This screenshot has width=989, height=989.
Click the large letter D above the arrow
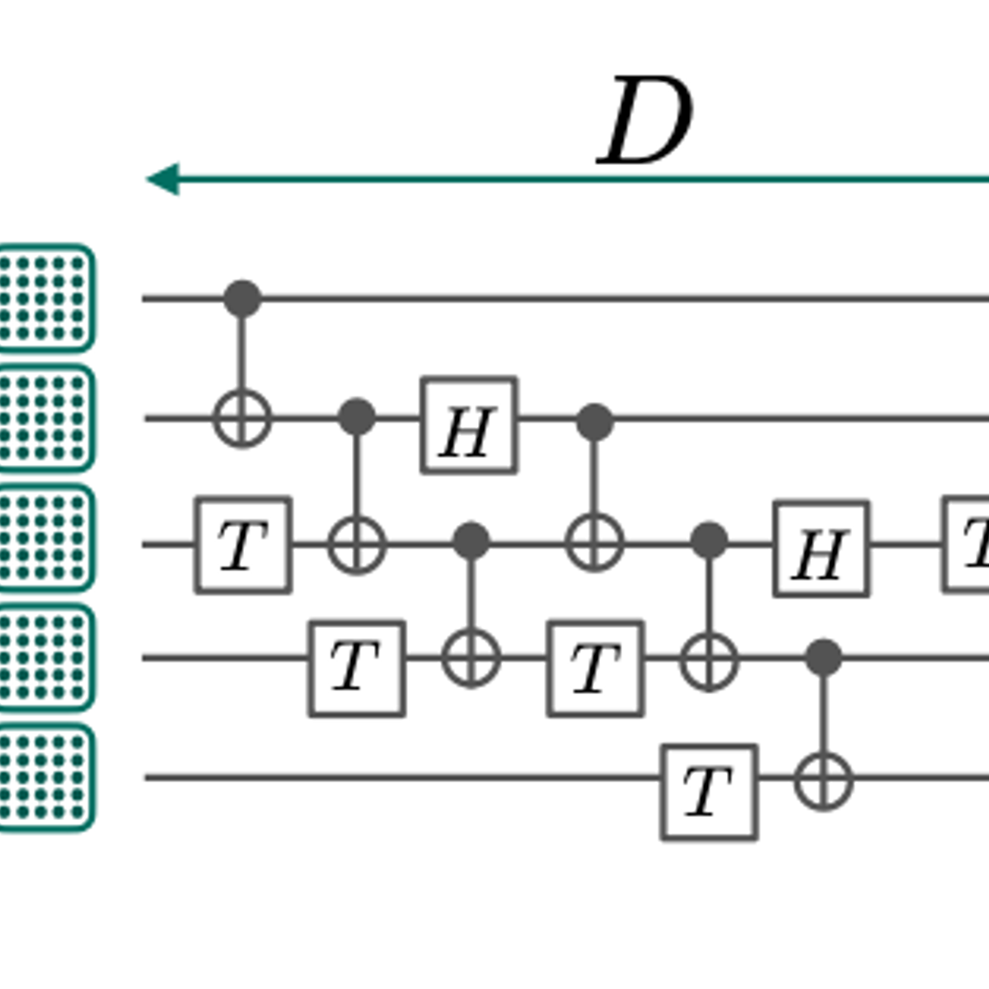click(x=644, y=122)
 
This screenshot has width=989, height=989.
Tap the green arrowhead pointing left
click(x=163, y=179)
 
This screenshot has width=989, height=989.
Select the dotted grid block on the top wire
click(x=45, y=298)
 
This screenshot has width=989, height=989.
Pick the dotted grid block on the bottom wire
click(x=45, y=777)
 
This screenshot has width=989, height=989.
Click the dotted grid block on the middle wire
click(x=45, y=537)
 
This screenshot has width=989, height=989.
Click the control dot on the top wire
click(x=242, y=298)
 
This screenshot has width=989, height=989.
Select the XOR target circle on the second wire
click(x=242, y=419)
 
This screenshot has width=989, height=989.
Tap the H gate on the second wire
click(x=469, y=425)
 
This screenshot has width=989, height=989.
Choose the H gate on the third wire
click(x=821, y=548)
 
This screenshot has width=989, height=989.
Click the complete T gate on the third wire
click(x=243, y=545)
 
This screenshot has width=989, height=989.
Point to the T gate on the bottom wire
click(x=709, y=792)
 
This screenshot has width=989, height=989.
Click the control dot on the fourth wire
click(x=823, y=658)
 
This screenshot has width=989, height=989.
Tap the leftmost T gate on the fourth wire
click(x=357, y=668)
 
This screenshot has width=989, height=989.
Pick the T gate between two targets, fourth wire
click(x=595, y=668)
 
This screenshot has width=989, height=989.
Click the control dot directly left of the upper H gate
click(x=357, y=418)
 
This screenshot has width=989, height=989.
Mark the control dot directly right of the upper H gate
click(x=594, y=422)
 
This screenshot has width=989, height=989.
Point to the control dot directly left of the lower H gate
click(x=709, y=541)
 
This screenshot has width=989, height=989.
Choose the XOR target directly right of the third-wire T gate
click(x=357, y=545)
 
